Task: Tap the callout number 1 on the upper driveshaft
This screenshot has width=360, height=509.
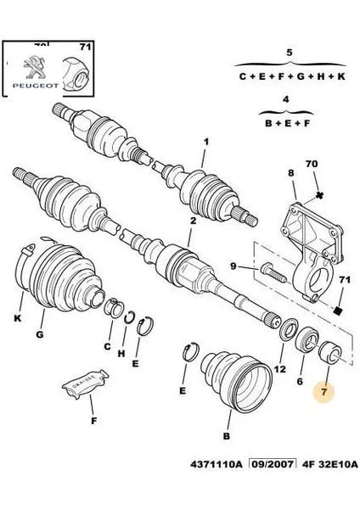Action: tap(204, 143)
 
